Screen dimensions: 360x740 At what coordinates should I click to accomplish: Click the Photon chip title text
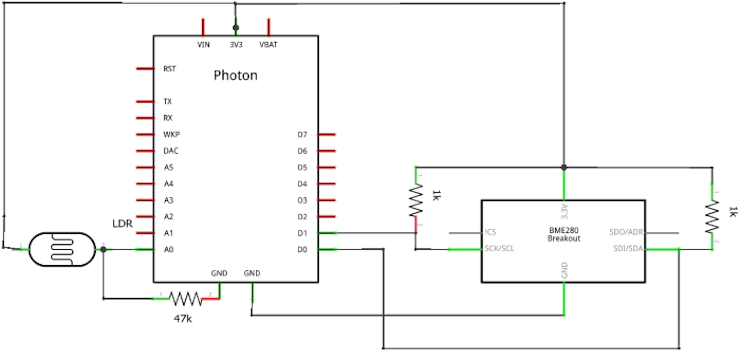[x=235, y=76]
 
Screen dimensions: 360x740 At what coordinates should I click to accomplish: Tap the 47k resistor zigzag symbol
[x=185, y=297]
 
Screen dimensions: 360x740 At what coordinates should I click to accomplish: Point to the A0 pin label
[x=168, y=249]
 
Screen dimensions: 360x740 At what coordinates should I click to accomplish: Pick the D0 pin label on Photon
[x=302, y=249]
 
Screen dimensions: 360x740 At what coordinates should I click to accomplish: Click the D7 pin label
[x=302, y=134]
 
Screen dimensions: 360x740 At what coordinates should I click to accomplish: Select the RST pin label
[x=169, y=69]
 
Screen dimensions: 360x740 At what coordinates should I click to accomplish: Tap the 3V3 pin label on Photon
[x=236, y=45]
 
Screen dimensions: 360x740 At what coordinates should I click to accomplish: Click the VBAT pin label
[x=268, y=45]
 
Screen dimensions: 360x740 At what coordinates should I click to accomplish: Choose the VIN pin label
[x=204, y=45]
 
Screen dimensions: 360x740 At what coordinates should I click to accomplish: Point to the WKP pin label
[x=171, y=134]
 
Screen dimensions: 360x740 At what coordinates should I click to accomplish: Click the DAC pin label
[x=171, y=151]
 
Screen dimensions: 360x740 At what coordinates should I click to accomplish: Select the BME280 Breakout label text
[x=564, y=236]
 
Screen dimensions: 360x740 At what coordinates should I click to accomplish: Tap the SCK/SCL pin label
[x=498, y=249]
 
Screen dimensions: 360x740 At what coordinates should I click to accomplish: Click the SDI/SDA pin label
[x=627, y=249]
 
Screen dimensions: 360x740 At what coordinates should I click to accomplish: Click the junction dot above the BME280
[x=564, y=167]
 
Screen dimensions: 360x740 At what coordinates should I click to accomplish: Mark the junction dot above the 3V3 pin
[x=236, y=28]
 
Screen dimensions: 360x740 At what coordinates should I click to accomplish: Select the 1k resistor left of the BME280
[x=415, y=203]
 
